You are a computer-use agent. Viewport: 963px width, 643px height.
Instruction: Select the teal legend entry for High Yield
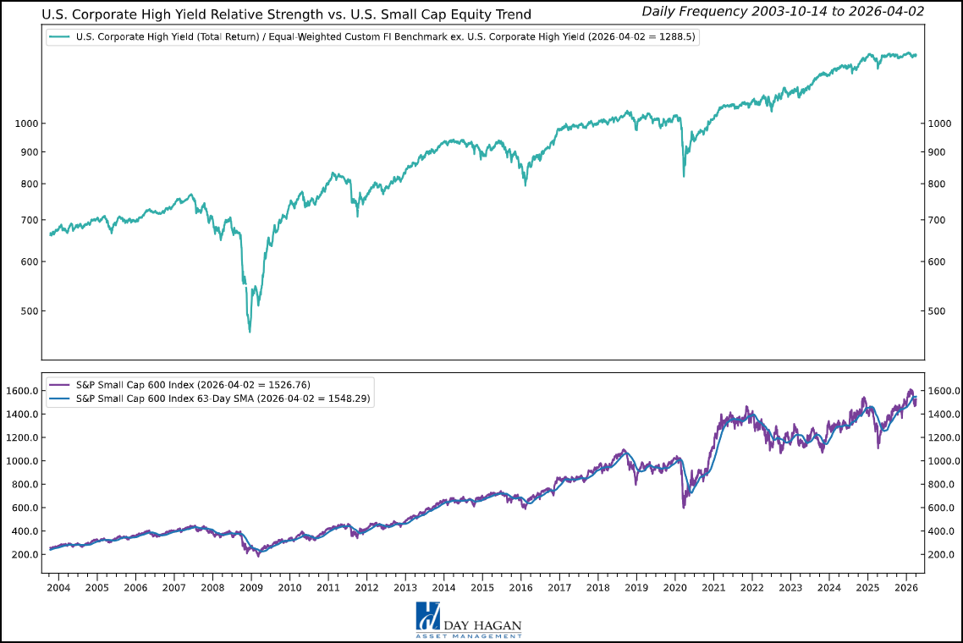[x=372, y=37]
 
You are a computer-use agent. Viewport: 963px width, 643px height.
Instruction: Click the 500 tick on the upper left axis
[x=25, y=311]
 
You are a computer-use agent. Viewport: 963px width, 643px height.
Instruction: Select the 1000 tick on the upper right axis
[x=937, y=124]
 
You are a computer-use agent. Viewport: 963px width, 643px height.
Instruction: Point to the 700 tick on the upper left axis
[x=25, y=220]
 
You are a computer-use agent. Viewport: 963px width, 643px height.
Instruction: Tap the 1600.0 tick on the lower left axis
[x=21, y=391]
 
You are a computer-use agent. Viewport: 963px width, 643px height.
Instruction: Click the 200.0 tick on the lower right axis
[x=942, y=554]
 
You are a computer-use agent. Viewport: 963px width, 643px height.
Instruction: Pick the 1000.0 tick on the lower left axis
[x=21, y=461]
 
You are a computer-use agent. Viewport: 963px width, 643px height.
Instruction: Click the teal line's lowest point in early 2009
[x=250, y=331]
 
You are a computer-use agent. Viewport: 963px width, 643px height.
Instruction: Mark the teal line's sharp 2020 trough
[x=684, y=176]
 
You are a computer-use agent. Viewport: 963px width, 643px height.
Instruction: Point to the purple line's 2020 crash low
[x=683, y=507]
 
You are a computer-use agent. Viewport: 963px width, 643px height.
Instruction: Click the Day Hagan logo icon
[x=426, y=617]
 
